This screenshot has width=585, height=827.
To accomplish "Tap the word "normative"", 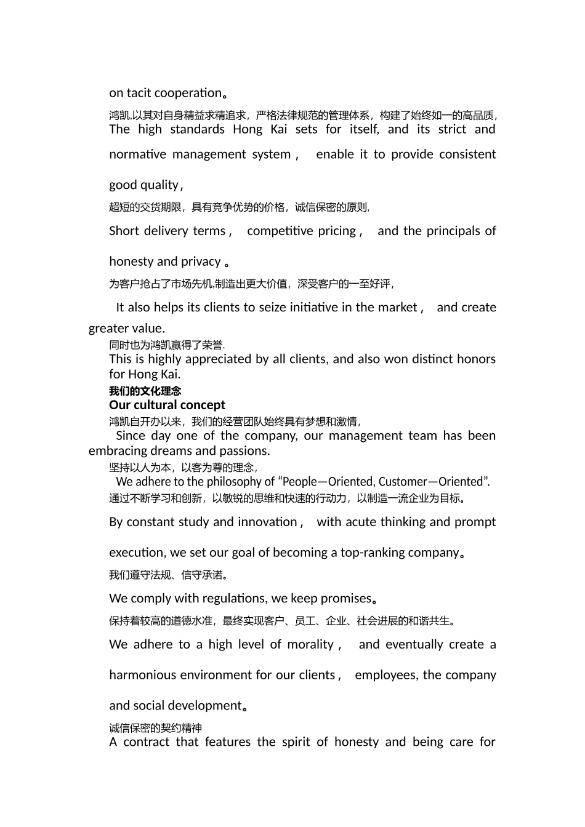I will [137, 154].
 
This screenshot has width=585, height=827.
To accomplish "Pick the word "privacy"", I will [201, 262].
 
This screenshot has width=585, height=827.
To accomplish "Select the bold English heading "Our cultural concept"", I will [167, 405].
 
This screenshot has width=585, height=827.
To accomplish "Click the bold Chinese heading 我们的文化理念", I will [145, 391].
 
